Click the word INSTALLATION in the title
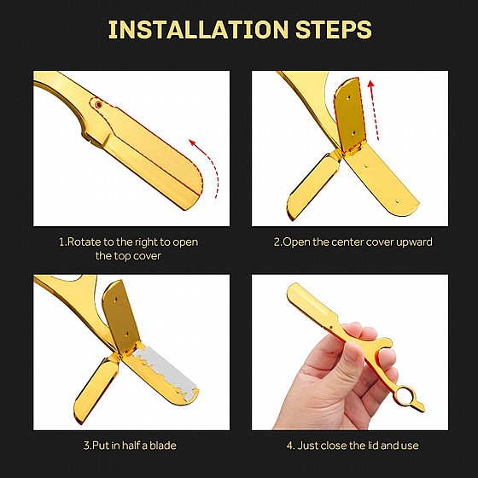click(x=198, y=29)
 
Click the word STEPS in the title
click(x=334, y=29)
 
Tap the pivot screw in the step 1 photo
click(x=98, y=104)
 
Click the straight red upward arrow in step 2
click(x=374, y=110)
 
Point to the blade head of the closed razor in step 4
click(x=312, y=304)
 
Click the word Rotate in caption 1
click(x=84, y=242)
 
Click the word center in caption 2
click(x=347, y=242)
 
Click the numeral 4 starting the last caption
click(x=289, y=446)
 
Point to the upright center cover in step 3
click(x=120, y=318)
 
